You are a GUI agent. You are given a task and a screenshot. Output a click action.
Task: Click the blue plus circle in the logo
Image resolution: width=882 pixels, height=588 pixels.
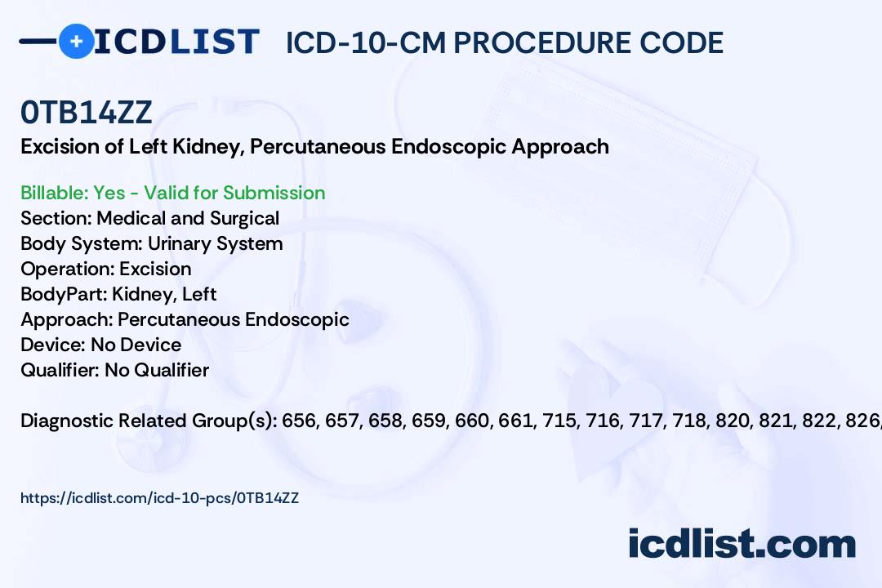pyautogui.click(x=76, y=41)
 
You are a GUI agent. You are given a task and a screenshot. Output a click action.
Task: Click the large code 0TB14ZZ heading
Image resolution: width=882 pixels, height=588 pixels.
pyautogui.click(x=87, y=112)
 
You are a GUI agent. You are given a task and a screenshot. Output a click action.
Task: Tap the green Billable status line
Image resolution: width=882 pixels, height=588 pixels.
pyautogui.click(x=172, y=193)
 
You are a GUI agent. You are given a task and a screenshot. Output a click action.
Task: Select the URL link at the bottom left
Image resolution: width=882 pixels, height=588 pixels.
pyautogui.click(x=160, y=498)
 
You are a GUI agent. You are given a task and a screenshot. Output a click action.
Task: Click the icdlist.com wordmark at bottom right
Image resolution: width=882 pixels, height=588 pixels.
pyautogui.click(x=742, y=543)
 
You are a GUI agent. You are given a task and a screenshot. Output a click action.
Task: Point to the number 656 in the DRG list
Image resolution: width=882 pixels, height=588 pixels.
pyautogui.click(x=297, y=421)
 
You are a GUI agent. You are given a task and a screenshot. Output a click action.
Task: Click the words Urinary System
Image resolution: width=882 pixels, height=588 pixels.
pyautogui.click(x=216, y=244)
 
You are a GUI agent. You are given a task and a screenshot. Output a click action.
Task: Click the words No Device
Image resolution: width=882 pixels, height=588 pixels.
pyautogui.click(x=136, y=345)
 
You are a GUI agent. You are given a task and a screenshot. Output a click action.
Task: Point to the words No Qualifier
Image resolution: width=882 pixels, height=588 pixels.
pyautogui.click(x=157, y=370)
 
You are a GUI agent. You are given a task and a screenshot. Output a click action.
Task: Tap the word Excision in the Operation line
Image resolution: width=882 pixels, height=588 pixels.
pyautogui.click(x=155, y=269)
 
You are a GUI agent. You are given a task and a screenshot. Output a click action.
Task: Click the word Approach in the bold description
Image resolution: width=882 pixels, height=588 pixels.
pyautogui.click(x=560, y=147)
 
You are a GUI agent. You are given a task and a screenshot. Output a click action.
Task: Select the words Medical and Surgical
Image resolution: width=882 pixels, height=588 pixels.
pyautogui.click(x=188, y=218)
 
